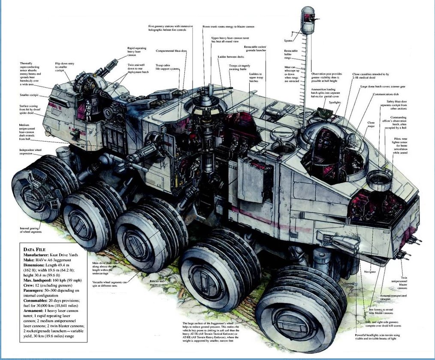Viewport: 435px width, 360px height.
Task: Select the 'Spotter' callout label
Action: point(289,40)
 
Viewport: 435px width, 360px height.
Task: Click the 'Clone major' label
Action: point(371,124)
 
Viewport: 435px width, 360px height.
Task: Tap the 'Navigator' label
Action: point(369,272)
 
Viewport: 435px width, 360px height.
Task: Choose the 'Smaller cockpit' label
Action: point(29,95)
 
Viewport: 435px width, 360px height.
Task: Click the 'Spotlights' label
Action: point(335,103)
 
